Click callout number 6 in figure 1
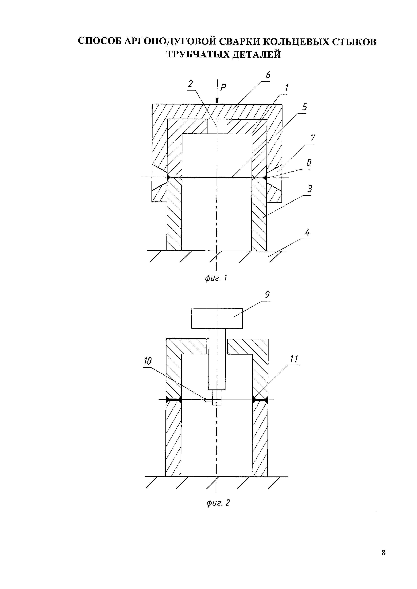[268, 75]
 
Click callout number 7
[312, 138]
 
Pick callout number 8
[309, 163]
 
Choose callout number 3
[310, 189]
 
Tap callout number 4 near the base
[307, 233]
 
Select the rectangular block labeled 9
[217, 318]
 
